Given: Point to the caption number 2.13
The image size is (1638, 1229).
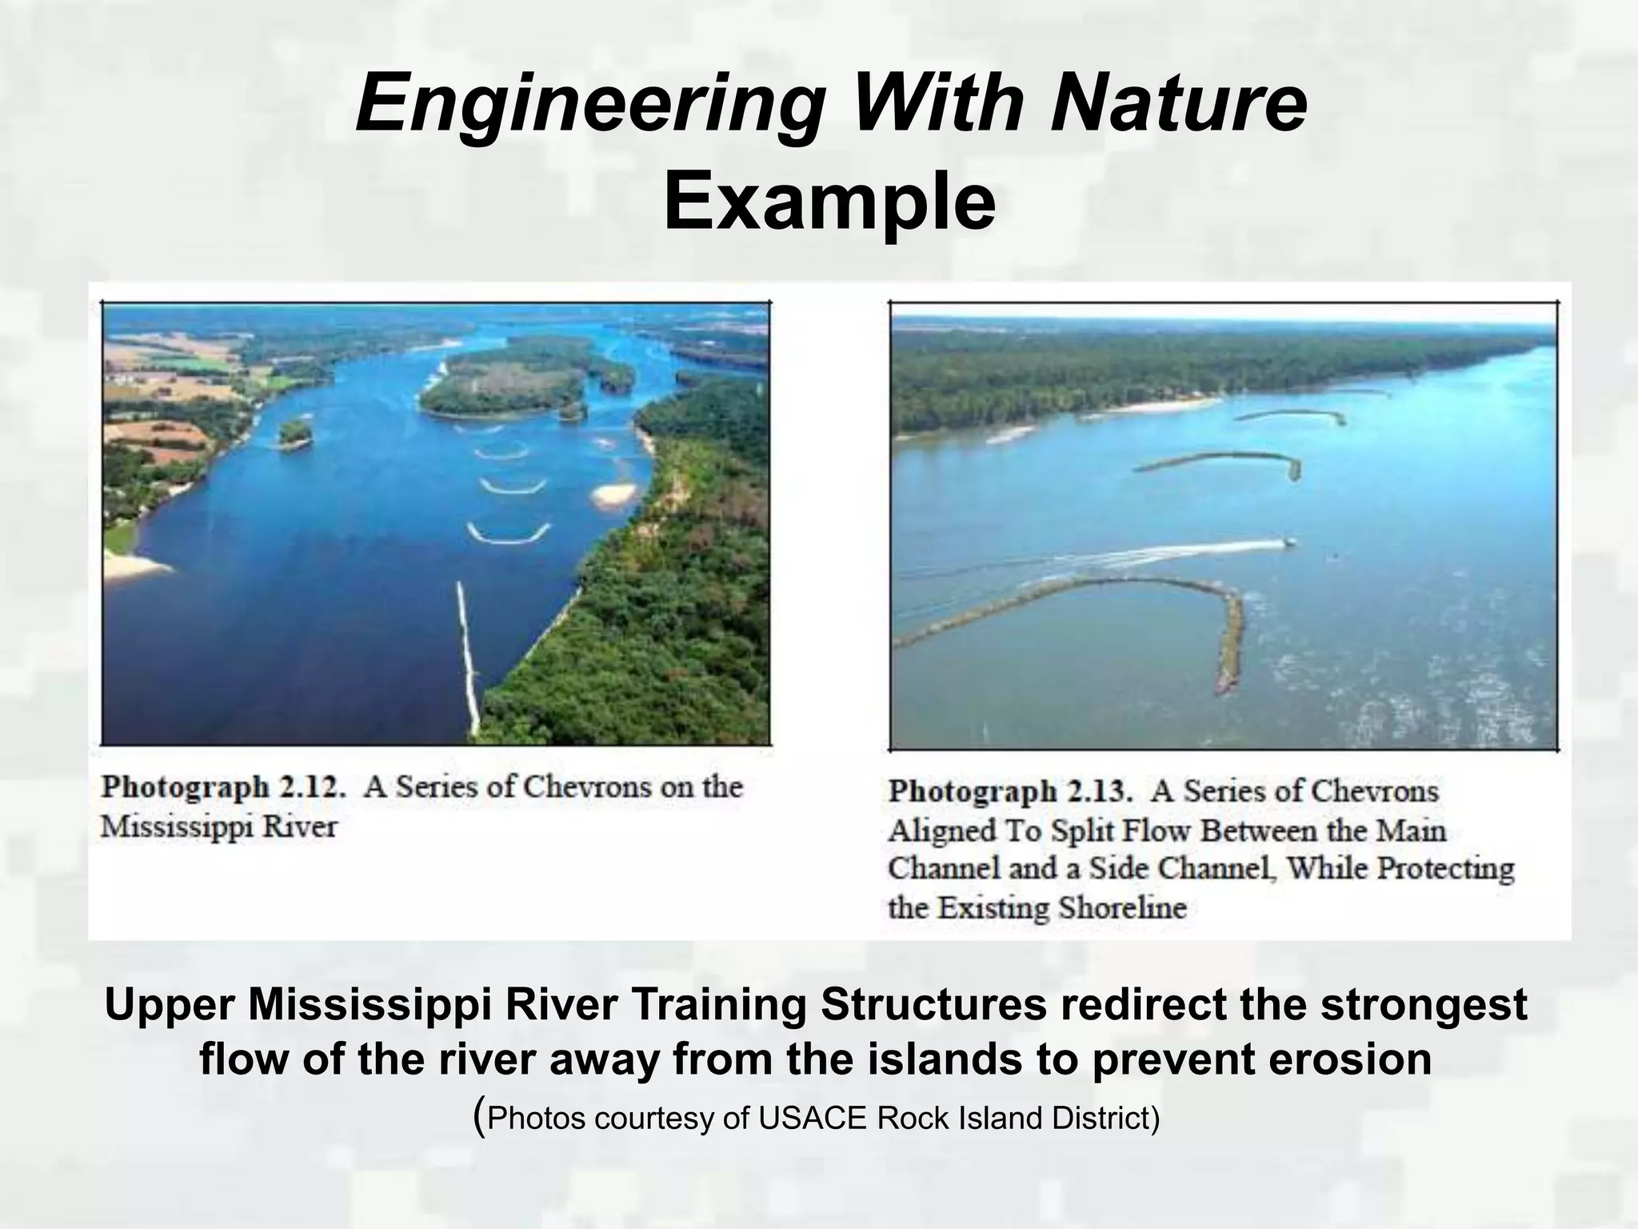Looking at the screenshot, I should [x=1099, y=792].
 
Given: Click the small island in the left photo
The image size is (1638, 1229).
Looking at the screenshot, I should [x=294, y=433].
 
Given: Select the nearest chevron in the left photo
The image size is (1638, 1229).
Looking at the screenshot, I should [x=509, y=535].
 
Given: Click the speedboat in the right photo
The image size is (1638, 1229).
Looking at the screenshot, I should [x=1288, y=542].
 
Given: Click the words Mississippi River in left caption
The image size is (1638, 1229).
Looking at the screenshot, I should [x=218, y=827].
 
